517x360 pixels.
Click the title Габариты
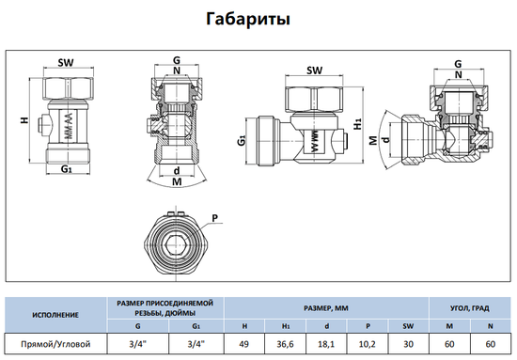[x=258, y=19]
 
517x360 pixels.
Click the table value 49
[x=245, y=344]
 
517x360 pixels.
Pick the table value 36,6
[x=286, y=344]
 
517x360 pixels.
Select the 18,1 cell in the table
[x=327, y=344]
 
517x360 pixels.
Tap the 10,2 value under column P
[x=368, y=344]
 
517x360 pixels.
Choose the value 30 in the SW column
[x=408, y=344]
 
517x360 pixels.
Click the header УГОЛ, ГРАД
[x=469, y=305]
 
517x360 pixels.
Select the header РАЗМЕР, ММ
[x=326, y=305]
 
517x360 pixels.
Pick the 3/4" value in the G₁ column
[x=196, y=344]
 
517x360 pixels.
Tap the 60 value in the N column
[x=490, y=344]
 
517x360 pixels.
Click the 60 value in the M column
[x=448, y=344]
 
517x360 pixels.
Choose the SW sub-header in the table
[x=408, y=324]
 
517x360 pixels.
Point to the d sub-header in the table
[x=327, y=324]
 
